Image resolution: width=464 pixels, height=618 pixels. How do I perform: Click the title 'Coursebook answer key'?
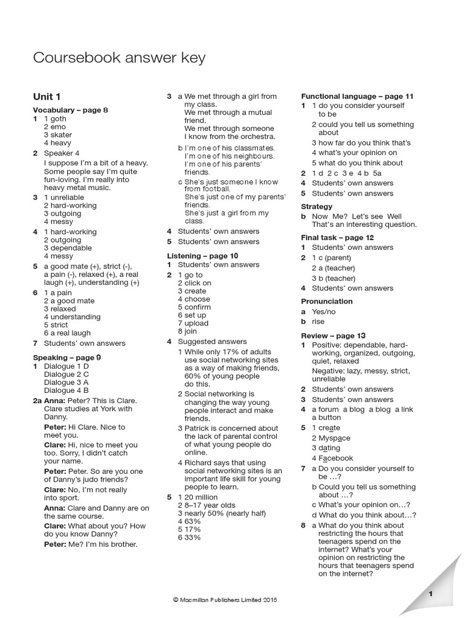[119, 58]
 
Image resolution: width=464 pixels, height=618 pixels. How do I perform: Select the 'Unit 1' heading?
[47, 97]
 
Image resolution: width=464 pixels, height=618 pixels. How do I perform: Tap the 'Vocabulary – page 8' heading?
[70, 110]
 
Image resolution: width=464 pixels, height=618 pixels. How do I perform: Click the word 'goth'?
[59, 119]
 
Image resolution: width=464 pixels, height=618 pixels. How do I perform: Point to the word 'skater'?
[61, 135]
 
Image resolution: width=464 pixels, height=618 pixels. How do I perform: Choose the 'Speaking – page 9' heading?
[66, 357]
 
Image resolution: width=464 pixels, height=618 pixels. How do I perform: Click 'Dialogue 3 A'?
[66, 382]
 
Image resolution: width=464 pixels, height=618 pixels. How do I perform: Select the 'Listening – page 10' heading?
[202, 256]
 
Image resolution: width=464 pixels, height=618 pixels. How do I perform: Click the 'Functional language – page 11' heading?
[357, 96]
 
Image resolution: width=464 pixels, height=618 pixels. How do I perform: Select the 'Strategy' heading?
[317, 206]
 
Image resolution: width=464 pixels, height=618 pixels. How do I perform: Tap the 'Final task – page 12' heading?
[337, 238]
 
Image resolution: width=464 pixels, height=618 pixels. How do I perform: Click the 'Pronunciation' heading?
[327, 301]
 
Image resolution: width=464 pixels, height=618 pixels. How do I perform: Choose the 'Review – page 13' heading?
[333, 336]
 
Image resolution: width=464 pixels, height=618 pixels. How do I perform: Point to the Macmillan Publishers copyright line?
[226, 599]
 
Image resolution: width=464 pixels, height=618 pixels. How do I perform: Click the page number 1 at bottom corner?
[431, 594]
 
